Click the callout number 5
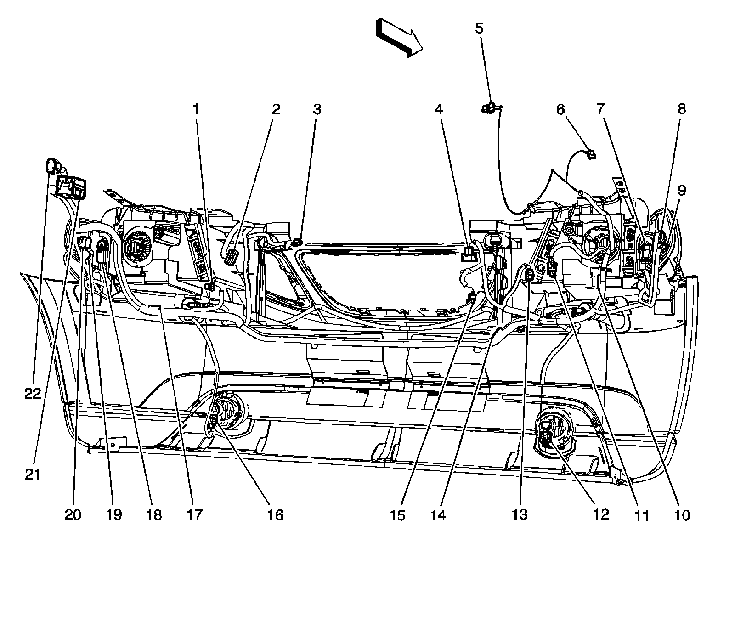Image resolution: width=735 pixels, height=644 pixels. coord(479,28)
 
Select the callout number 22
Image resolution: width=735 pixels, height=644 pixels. coord(33,394)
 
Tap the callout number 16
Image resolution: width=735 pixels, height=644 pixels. coord(275,515)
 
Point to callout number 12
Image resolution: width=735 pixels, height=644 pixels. coord(600,514)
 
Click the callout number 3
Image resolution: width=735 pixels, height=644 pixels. coord(317,109)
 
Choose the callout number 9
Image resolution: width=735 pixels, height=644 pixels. coord(681,190)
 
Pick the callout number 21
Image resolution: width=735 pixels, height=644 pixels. coord(33,475)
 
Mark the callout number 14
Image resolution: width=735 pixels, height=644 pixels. coord(438,515)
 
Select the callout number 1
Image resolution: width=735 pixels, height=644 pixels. coord(196,109)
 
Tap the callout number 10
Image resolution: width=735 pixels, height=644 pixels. coord(683,515)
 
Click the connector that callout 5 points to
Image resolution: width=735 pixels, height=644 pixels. coord(490,109)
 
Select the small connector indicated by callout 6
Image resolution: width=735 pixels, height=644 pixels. coord(591,154)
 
